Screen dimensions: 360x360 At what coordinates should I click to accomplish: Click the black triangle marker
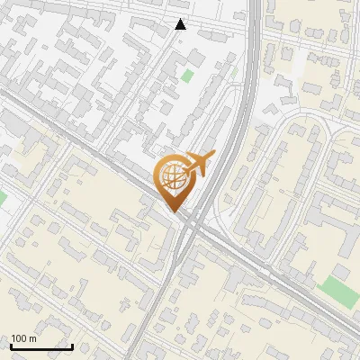pyautogui.click(x=181, y=24)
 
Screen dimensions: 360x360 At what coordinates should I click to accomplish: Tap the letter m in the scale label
pyautogui.click(x=33, y=338)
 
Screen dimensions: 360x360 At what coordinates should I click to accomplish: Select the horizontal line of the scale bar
pyautogui.click(x=41, y=346)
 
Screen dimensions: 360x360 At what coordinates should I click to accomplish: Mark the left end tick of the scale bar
pyautogui.click(x=11, y=345)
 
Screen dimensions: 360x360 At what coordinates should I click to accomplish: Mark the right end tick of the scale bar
pyautogui.click(x=72, y=345)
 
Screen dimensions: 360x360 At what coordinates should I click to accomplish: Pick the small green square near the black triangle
pyautogui.click(x=187, y=76)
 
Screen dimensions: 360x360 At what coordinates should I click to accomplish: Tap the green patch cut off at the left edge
pyautogui.click(x=2, y=196)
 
